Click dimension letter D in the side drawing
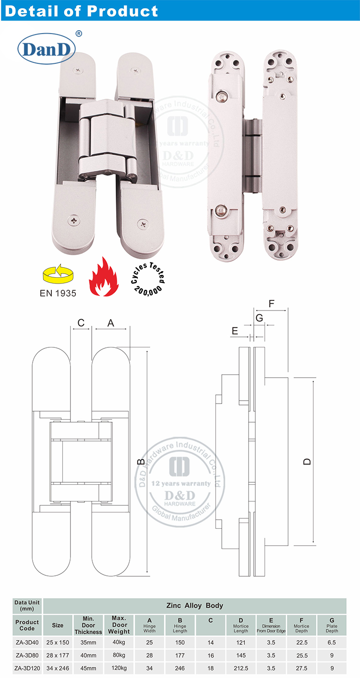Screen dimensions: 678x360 (x=307, y=461)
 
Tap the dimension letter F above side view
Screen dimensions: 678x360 (x=271, y=303)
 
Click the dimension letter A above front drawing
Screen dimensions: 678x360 (x=111, y=323)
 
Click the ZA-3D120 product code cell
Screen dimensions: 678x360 (x=27, y=668)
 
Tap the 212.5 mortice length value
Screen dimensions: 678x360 (x=241, y=668)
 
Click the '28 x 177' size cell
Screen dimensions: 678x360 (x=58, y=655)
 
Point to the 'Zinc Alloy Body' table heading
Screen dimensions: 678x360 (x=194, y=606)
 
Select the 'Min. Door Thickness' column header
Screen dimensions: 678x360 (x=88, y=625)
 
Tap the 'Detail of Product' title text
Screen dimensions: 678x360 (x=82, y=11)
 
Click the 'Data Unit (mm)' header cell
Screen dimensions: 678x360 (x=27, y=606)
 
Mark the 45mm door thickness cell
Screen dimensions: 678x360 (x=88, y=668)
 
